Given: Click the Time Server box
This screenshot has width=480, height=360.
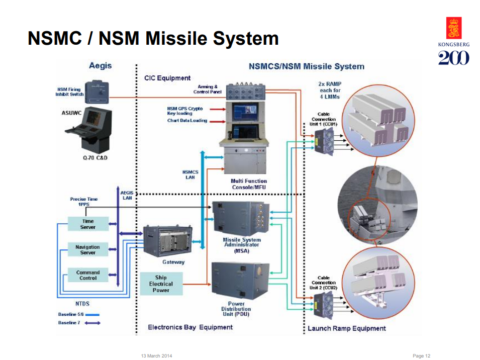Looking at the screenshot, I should click(x=88, y=224).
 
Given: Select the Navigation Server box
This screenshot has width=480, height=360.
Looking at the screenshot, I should click(x=88, y=249).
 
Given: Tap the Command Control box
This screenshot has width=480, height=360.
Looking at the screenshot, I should click(x=88, y=275).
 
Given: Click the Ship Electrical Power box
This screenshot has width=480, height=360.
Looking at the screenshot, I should click(x=161, y=284).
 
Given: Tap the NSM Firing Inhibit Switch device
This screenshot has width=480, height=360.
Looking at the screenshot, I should click(x=98, y=92).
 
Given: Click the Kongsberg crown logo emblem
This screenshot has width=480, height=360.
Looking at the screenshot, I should click(x=454, y=28).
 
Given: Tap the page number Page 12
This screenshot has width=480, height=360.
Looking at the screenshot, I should click(x=421, y=356).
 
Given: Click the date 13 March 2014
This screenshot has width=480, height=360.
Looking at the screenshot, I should click(x=156, y=356).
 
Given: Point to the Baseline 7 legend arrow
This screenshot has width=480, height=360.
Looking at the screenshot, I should click(x=92, y=323).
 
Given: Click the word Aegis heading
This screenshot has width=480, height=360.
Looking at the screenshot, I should click(x=101, y=66).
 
